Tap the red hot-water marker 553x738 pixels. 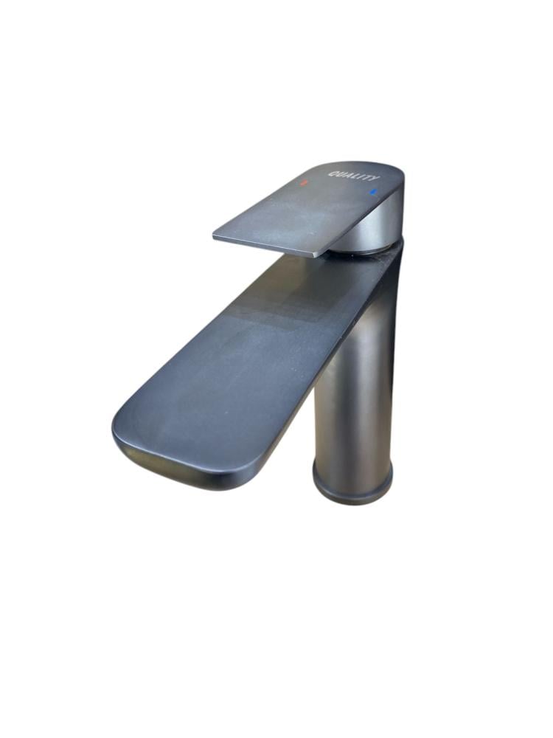tap(305, 182)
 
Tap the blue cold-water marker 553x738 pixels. tap(374, 192)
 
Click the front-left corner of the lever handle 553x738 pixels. tap(215, 235)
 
